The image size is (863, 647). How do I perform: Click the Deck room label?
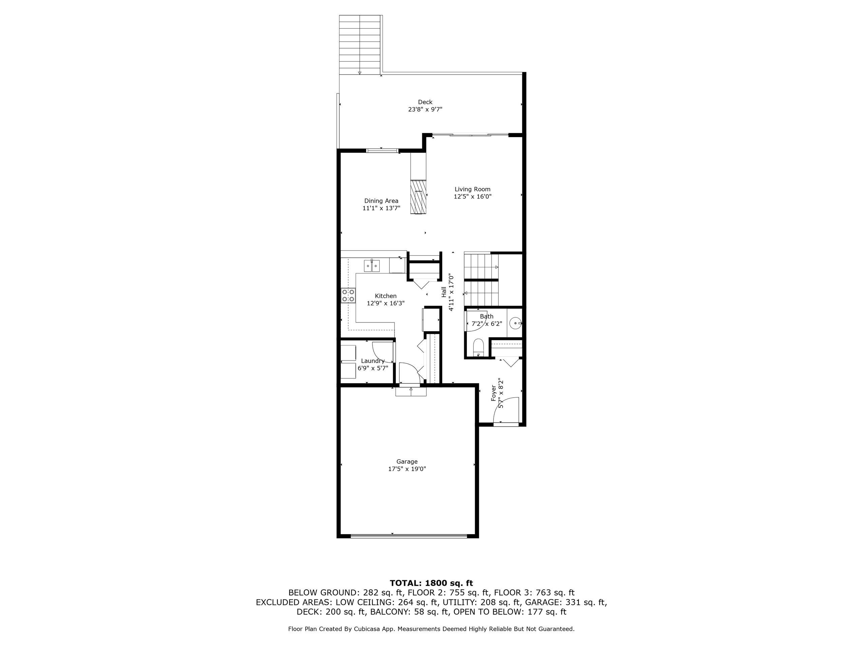425,102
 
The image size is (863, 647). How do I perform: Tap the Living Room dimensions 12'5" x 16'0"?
473,196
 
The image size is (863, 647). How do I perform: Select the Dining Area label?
381,201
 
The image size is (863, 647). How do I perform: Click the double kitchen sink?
372,266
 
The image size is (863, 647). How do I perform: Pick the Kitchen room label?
385,296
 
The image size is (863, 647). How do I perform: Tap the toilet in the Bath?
478,347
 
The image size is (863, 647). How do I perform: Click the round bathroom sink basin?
516,323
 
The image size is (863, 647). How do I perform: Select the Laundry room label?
373,361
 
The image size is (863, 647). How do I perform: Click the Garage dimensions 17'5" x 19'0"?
407,469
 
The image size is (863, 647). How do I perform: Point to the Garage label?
407,462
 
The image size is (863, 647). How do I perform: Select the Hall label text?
444,292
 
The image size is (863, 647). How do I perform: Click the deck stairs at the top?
360,44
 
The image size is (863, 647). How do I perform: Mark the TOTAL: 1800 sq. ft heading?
431,583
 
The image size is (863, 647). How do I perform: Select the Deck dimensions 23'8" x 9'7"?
425,110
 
